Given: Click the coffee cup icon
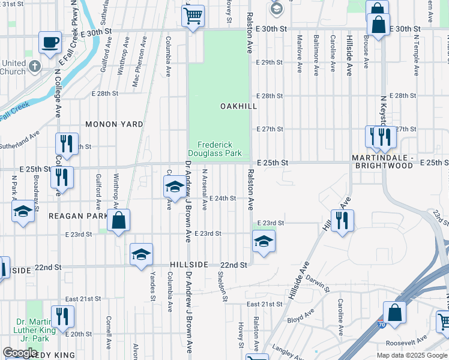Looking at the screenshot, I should tap(50, 43).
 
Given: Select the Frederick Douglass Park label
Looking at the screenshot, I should tap(220, 149).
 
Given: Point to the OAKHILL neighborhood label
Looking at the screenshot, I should tap(238, 106).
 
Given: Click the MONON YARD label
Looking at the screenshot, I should tap(114, 124).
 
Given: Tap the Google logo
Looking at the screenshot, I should tap(20, 353).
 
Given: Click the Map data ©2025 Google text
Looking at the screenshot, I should tap(412, 355).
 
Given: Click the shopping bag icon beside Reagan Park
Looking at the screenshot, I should tap(119, 220).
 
